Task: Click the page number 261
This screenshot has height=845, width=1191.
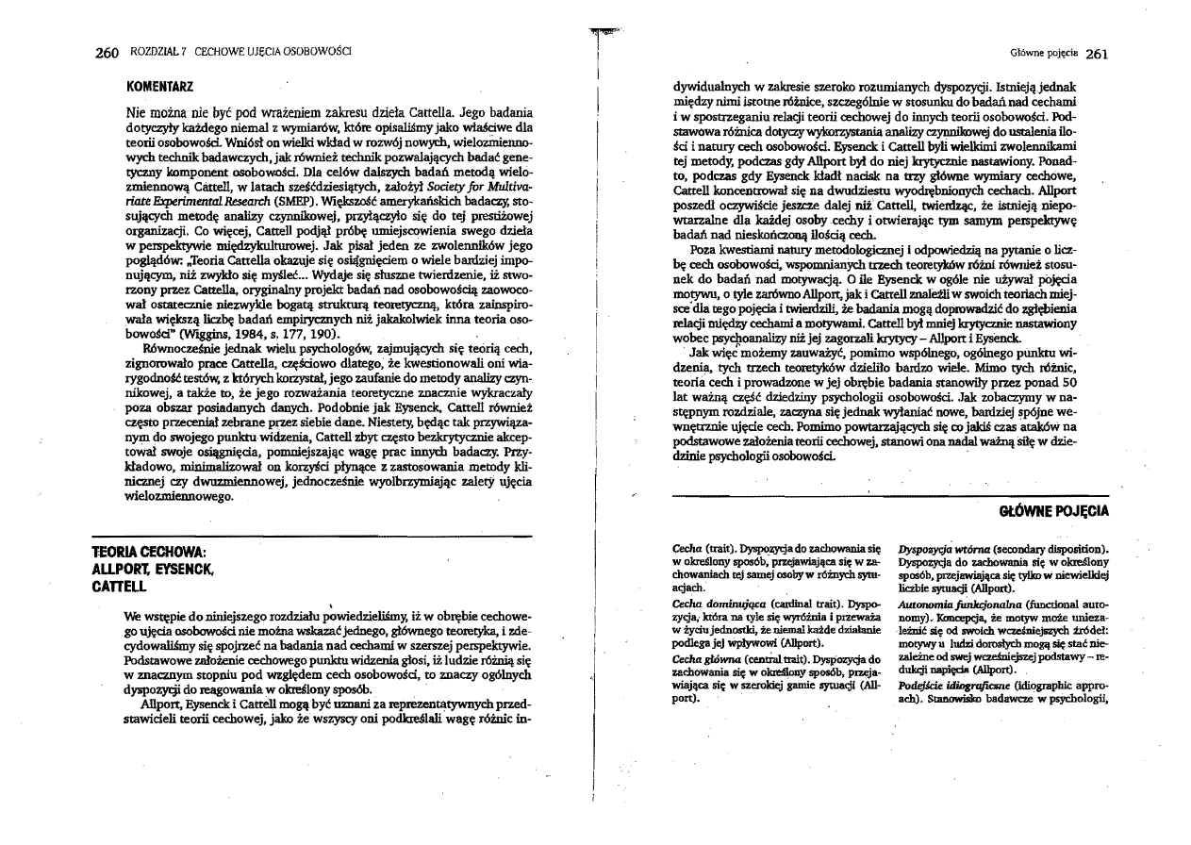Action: [1095, 53]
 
